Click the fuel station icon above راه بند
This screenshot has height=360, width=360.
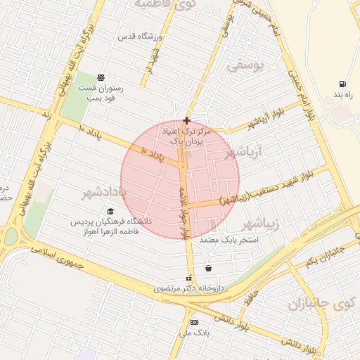tap(342, 84)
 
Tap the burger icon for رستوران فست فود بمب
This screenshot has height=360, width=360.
tap(102, 77)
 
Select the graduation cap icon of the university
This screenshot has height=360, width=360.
tap(110, 211)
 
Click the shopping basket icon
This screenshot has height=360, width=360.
tap(208, 268)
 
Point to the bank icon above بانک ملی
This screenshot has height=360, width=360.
tap(194, 322)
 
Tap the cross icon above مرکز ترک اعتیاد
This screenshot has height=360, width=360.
tap(186, 120)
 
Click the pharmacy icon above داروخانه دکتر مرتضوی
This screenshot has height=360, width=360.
tap(188, 278)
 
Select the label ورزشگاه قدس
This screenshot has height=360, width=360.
tap(141, 36)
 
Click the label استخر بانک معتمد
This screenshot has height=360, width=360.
tap(230, 240)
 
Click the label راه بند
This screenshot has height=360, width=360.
tap(342, 94)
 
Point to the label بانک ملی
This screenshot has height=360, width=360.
tap(194, 333)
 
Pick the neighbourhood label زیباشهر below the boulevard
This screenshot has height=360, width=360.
tap(260, 224)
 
